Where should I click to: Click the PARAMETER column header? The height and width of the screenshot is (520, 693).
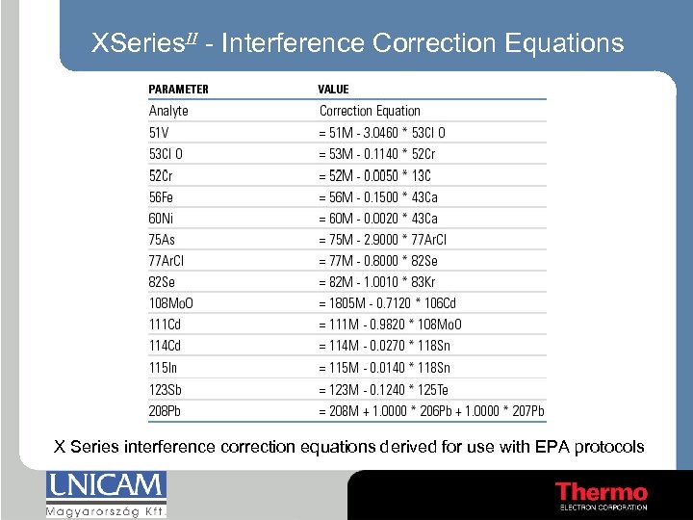click(178, 90)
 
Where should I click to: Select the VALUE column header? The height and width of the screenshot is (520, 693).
click(333, 90)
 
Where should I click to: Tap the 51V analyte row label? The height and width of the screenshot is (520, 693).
click(159, 133)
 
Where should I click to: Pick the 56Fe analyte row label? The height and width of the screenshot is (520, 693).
click(162, 197)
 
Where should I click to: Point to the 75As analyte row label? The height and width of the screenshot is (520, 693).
click(162, 240)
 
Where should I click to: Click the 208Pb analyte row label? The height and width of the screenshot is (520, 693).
click(165, 411)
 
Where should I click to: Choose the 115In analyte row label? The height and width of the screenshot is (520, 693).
click(163, 368)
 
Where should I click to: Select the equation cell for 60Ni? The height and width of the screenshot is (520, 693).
click(378, 219)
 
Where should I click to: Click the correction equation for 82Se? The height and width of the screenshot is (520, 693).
click(376, 282)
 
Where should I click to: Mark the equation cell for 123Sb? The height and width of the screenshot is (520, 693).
click(383, 390)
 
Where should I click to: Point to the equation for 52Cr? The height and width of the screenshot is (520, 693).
click(374, 175)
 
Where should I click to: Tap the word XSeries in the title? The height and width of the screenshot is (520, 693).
click(141, 43)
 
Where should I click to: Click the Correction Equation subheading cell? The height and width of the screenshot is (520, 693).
click(370, 111)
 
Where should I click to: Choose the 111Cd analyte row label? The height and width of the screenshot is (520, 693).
click(165, 325)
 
